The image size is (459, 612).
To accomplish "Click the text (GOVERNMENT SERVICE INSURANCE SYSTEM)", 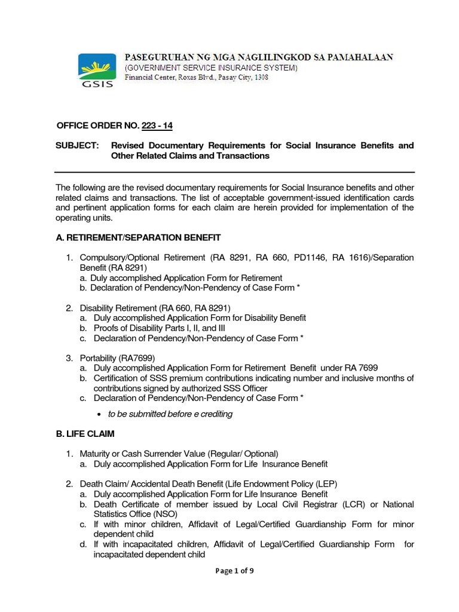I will pos(210,68).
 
